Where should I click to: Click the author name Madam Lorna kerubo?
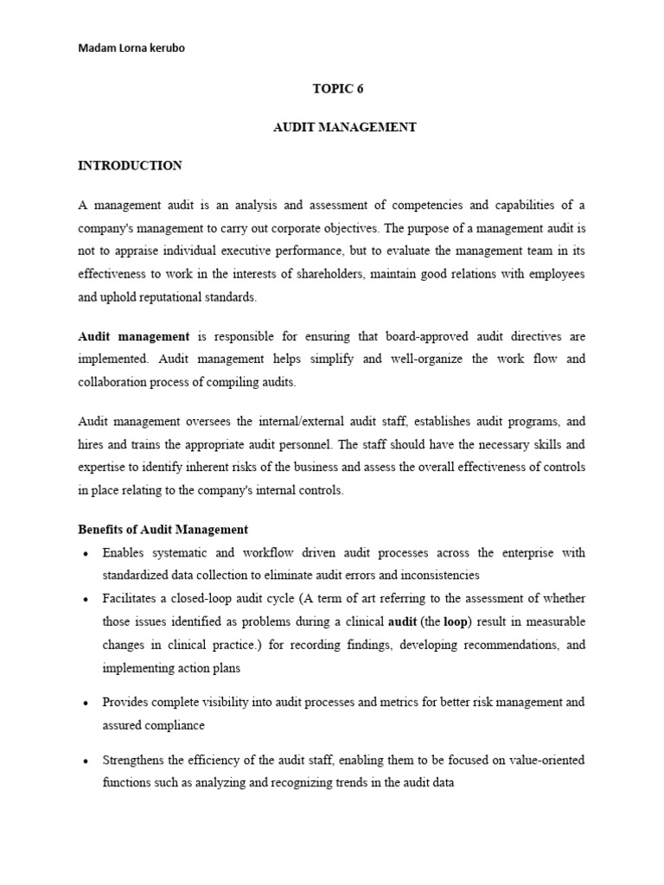click(x=131, y=48)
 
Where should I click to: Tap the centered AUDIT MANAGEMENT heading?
click(x=344, y=127)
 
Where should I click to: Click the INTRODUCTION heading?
click(x=130, y=165)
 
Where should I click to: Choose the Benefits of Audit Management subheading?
click(x=163, y=529)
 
